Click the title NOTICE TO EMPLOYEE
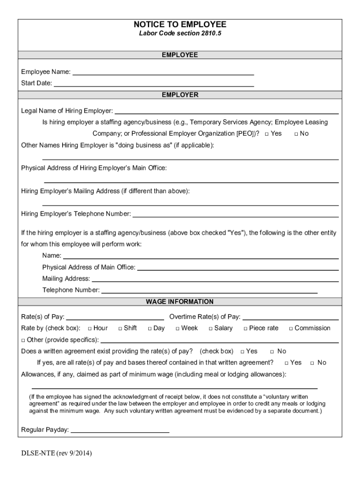pos(180,24)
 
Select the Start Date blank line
pos(154,84)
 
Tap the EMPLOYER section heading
pos(180,94)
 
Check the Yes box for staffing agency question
pos(266,134)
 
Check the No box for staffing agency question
pos(296,134)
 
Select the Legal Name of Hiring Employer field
pos(226,111)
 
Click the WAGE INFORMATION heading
pos(180,302)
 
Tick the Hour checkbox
pos(89,329)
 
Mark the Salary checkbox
pos(210,329)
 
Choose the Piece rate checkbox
pos(245,329)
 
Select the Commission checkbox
pos(291,329)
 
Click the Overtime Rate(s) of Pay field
pos(290,317)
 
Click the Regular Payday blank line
pos(120,430)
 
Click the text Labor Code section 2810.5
pos(180,34)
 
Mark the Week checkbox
pos(177,329)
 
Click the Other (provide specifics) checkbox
pos(23,340)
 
